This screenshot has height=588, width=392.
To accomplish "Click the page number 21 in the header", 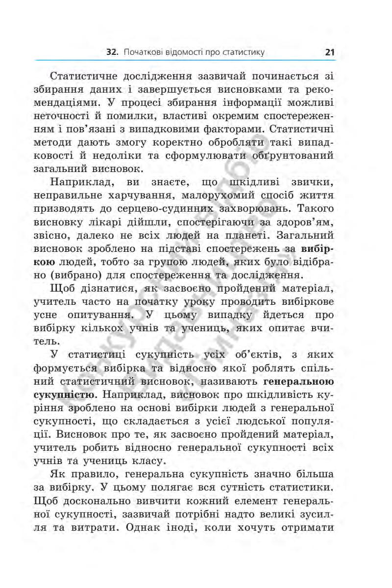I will pos(329,51).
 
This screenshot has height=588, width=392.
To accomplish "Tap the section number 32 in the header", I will pos(113,51).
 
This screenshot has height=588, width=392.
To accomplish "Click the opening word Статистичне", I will pos(93,77).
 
